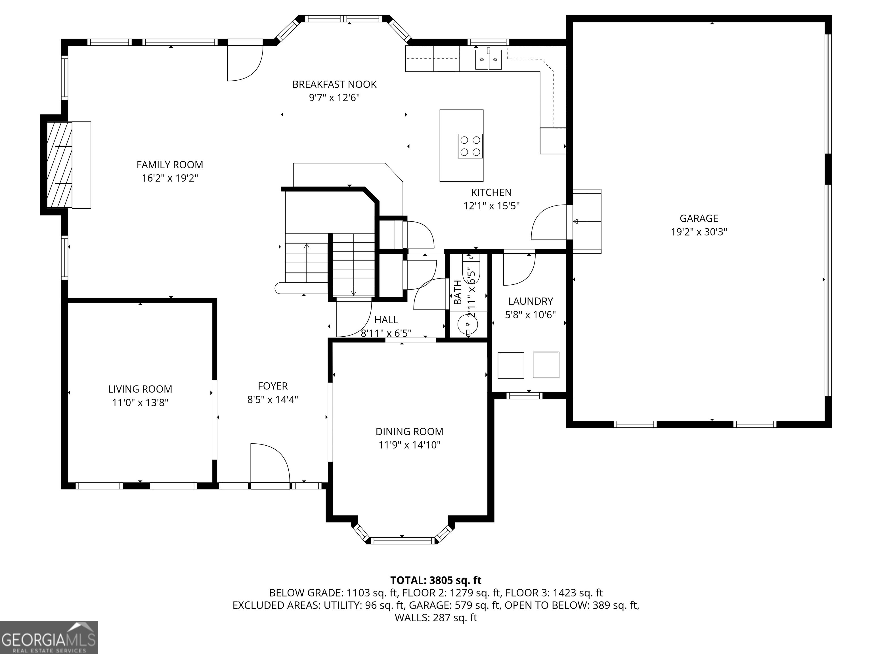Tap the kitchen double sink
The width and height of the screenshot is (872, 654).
pos(489,60)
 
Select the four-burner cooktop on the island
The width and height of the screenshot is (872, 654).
pos(470,146)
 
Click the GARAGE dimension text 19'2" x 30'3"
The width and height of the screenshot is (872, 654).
pos(699,232)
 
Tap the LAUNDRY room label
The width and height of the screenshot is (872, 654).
pos(530,301)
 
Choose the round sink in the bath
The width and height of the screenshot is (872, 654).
pos(468,324)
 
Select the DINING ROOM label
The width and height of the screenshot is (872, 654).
pos(409,432)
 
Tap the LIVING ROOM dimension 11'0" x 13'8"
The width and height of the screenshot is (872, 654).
pos(140,403)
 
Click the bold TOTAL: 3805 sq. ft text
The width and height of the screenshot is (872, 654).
pos(436,580)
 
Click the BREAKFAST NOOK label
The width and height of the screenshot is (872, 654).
pos(334,84)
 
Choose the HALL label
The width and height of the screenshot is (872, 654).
pos(386,320)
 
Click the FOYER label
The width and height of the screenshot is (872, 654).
pos(273,386)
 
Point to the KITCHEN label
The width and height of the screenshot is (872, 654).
pos(491,192)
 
